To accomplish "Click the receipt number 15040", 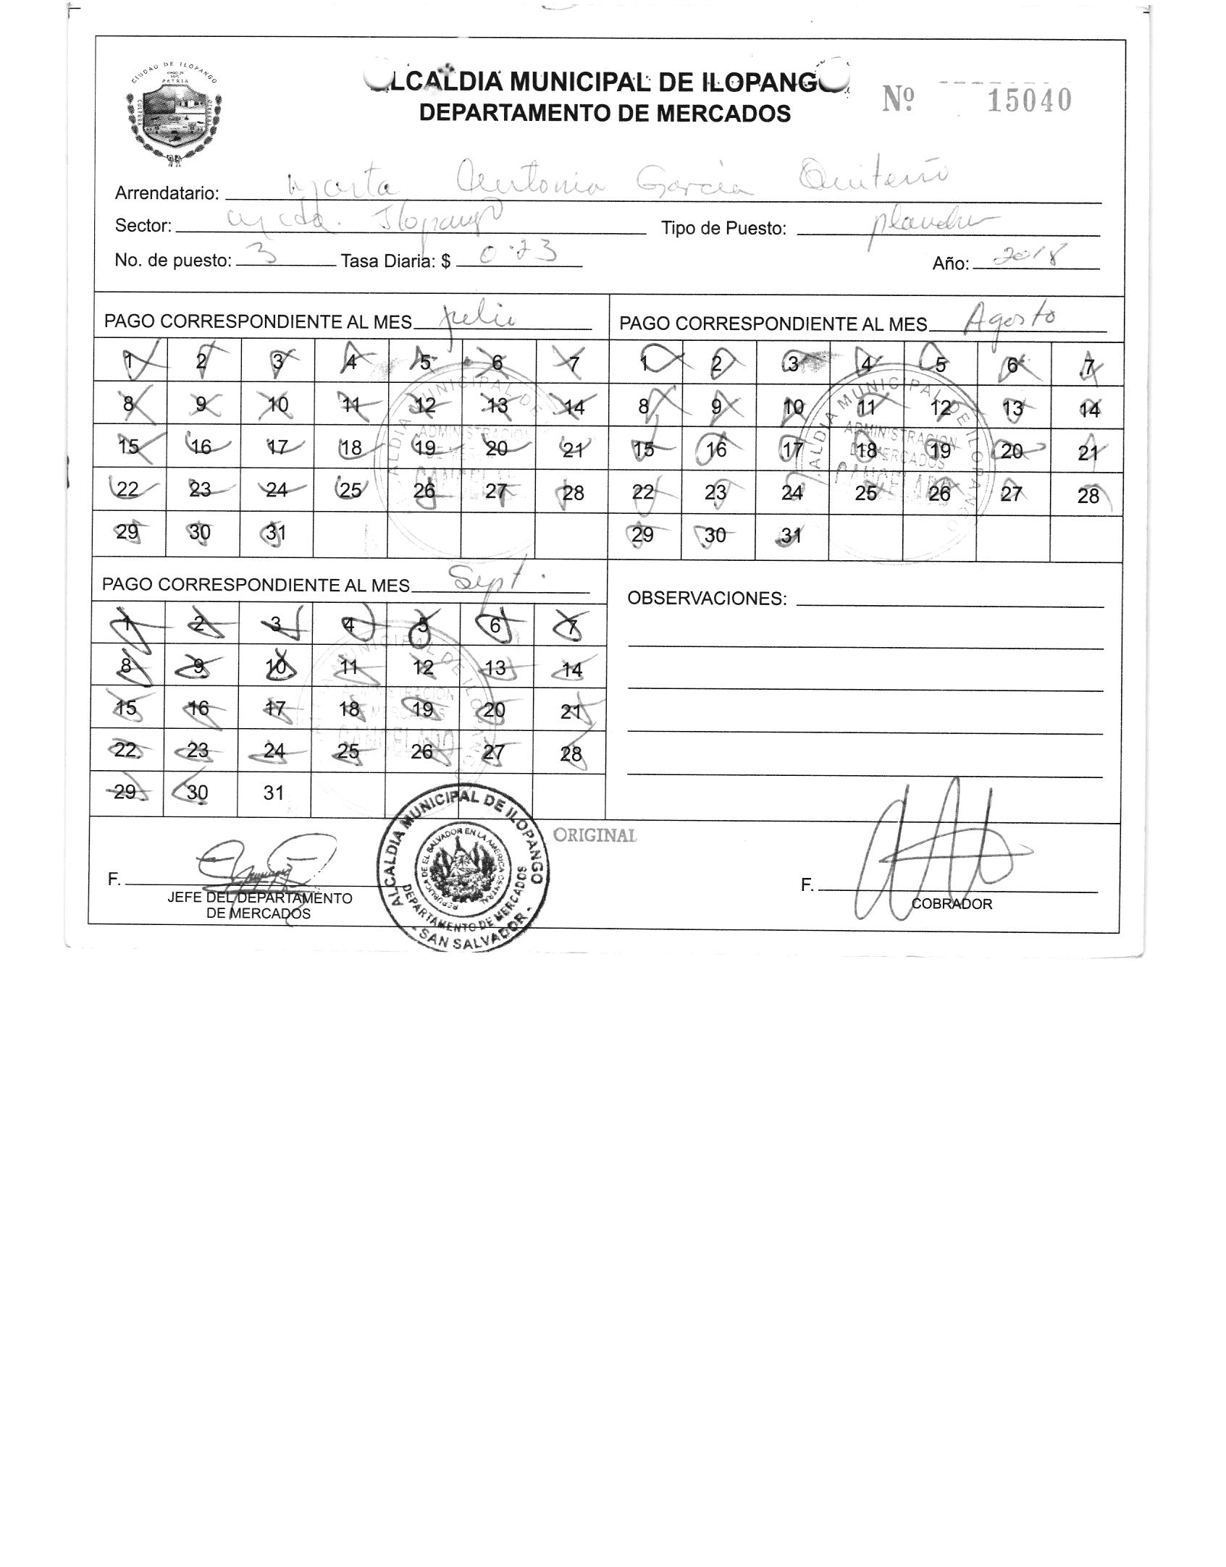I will tap(1029, 100).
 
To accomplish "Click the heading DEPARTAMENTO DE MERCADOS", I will tap(605, 114).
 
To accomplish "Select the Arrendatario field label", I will tap(167, 193).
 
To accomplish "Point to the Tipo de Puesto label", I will tap(723, 229).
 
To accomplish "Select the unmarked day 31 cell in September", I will tap(273, 793).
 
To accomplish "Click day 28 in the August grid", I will tap(1087, 496).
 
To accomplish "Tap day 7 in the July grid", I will tap(572, 363).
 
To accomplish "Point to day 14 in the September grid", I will tap(571, 670).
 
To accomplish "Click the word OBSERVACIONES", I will tap(706, 599).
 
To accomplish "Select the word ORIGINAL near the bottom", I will tap(595, 835).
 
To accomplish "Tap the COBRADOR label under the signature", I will tap(951, 904).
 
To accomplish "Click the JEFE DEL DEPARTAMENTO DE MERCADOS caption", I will tap(259, 905).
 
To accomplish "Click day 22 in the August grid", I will tap(642, 493).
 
